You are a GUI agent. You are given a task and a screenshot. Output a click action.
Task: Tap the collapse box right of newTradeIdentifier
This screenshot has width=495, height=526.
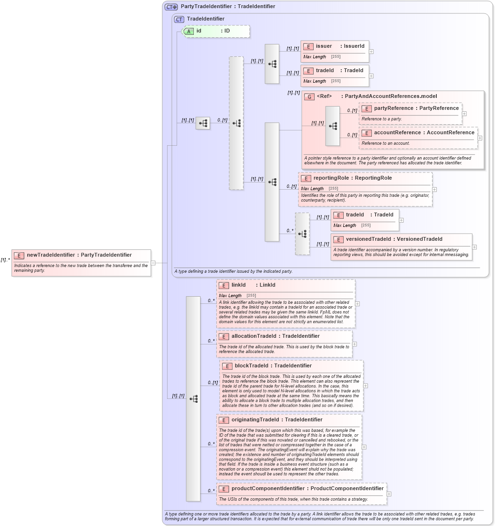[153, 262]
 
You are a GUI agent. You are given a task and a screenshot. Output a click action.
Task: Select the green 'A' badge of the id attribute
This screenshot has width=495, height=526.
[189, 31]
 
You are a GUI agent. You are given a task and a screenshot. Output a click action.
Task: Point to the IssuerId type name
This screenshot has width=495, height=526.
[354, 46]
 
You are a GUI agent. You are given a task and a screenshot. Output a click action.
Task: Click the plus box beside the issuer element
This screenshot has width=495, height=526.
[371, 52]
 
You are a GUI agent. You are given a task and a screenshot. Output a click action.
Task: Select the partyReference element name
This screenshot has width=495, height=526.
[393, 108]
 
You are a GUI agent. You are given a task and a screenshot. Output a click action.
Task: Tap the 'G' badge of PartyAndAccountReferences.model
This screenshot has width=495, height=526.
[309, 97]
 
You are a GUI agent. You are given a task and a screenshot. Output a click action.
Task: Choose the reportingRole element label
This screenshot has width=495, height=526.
[330, 178]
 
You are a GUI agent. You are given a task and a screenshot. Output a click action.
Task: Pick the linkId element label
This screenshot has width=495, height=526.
[238, 285]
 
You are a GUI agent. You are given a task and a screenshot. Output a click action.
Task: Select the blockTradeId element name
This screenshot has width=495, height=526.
[256, 366]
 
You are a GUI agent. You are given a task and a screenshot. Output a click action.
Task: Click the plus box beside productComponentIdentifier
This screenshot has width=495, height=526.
[389, 494]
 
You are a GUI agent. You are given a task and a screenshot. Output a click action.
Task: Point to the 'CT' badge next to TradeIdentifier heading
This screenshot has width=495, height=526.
[179, 19]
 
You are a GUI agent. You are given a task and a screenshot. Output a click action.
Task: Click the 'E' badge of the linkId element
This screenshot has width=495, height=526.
[223, 285]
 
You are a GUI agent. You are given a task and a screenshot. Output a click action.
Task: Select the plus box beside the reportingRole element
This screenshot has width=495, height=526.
[434, 189]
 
